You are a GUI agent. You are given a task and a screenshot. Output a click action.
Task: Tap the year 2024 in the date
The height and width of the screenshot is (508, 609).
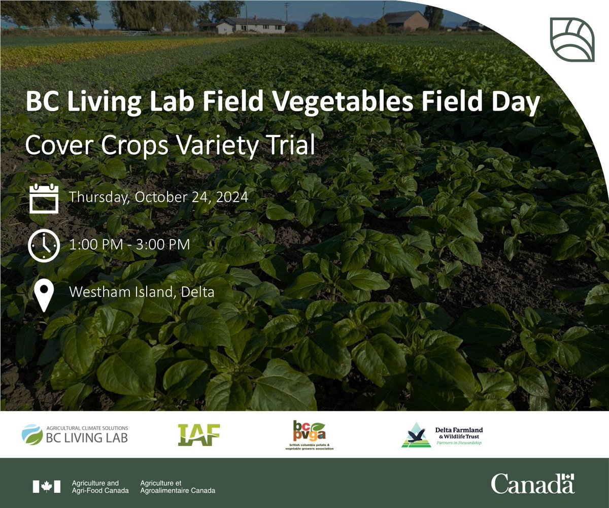(x=231, y=197)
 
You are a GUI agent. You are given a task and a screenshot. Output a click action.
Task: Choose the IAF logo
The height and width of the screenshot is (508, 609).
(x=199, y=434)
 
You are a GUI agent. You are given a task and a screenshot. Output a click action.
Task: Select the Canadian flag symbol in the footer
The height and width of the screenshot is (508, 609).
(x=47, y=486)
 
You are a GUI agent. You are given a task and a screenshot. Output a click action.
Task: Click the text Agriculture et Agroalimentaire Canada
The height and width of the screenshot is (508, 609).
(x=178, y=487)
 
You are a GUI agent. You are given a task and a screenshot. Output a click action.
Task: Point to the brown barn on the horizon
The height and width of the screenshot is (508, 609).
(x=405, y=21)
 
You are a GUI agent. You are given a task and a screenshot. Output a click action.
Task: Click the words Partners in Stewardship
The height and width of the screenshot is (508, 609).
(x=460, y=443)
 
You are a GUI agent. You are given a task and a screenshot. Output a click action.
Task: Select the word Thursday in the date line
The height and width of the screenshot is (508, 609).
(x=98, y=197)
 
